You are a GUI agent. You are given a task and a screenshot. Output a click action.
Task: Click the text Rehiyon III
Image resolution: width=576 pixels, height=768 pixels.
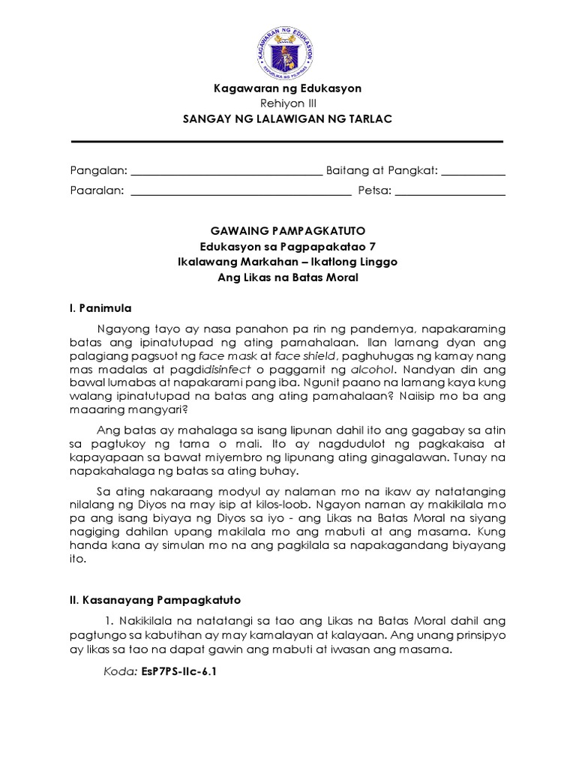coord(287,103)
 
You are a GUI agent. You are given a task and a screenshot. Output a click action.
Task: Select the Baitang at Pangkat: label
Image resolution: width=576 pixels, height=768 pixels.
coord(382,171)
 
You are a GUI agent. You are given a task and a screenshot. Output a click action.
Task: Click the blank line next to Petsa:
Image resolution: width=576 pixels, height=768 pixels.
coord(450,192)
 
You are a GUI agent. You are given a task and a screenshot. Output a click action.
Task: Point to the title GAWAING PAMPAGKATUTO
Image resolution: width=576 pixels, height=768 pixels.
coord(287,230)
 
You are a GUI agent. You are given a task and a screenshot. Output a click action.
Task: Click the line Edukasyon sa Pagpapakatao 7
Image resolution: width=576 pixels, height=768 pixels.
coord(287,246)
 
